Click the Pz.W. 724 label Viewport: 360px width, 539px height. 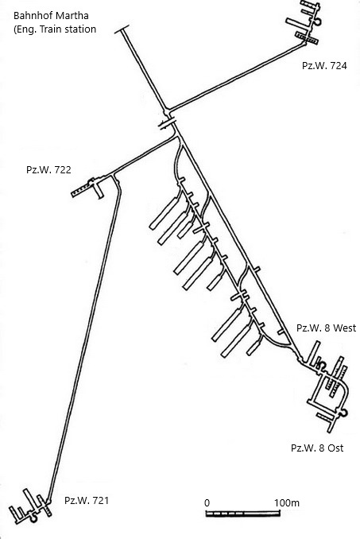click(x=324, y=66)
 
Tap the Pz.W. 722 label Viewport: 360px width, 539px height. click(x=48, y=170)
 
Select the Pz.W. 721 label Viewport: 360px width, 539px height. click(x=87, y=500)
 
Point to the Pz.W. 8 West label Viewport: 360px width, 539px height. click(x=327, y=328)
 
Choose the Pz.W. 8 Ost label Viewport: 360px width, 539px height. click(x=317, y=448)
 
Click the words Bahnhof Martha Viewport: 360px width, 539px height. click(x=51, y=16)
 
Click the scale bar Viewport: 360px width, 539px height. click(x=243, y=514)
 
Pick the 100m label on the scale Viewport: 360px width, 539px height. click(x=286, y=503)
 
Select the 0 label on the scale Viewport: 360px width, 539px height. click(x=207, y=503)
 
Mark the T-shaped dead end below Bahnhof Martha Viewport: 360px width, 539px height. click(x=122, y=30)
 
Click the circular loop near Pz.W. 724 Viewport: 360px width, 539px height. click(x=317, y=21)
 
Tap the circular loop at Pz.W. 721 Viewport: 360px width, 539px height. click(x=33, y=518)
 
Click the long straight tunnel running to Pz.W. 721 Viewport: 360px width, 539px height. click(x=84, y=341)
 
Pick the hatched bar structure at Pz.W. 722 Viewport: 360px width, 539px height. click(x=81, y=191)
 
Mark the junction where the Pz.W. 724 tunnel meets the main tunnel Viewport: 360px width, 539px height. click(x=168, y=112)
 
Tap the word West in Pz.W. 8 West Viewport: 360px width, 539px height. click(x=345, y=328)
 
